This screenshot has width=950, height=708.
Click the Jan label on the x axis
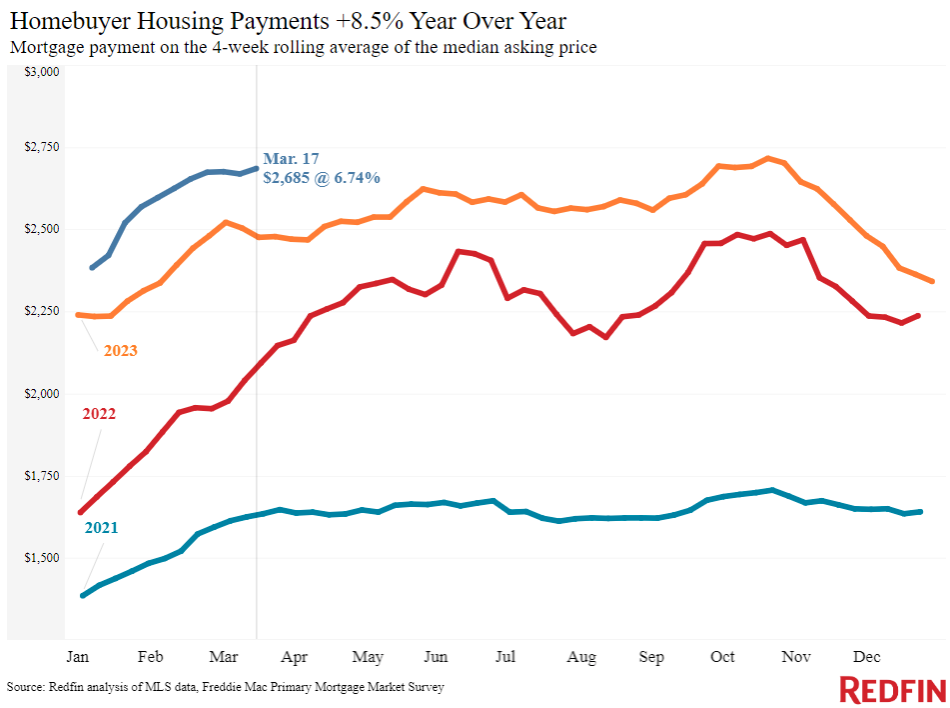tap(77, 657)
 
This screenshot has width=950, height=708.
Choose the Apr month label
tap(294, 657)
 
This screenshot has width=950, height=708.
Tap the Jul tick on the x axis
tap(505, 657)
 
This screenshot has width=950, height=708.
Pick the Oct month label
tap(722, 657)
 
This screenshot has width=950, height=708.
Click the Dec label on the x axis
tap(867, 657)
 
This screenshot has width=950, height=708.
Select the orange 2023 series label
tap(120, 351)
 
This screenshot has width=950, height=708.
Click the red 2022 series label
tap(99, 413)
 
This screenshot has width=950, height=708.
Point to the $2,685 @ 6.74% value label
tap(321, 178)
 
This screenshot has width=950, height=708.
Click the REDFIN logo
tap(892, 690)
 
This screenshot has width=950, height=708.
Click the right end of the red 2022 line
tap(918, 315)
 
